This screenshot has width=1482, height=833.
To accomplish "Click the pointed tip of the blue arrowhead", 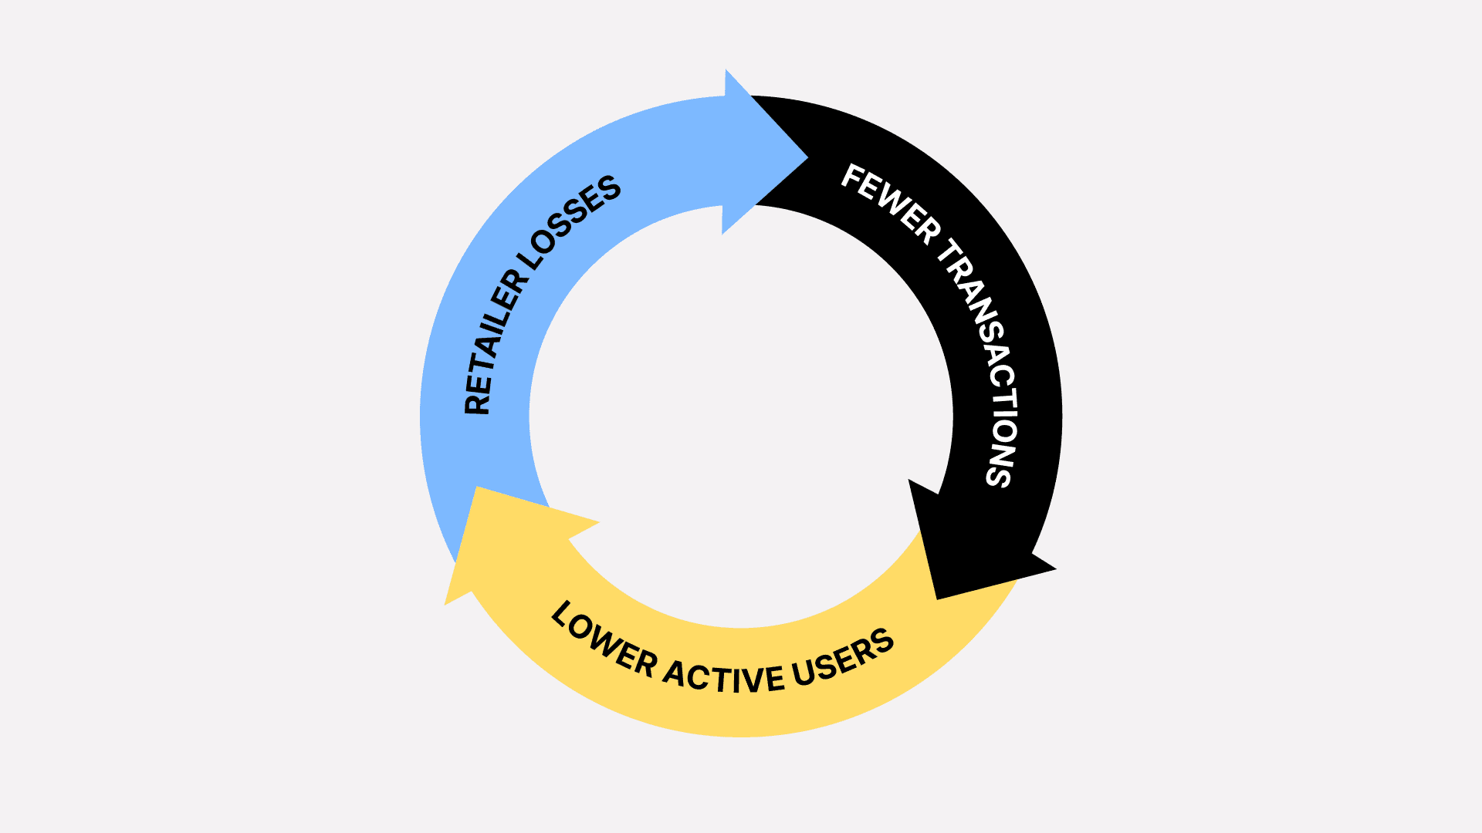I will [x=807, y=158].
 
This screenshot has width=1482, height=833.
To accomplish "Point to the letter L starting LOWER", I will [x=562, y=614].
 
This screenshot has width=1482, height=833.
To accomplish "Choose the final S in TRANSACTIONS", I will [x=998, y=475].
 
